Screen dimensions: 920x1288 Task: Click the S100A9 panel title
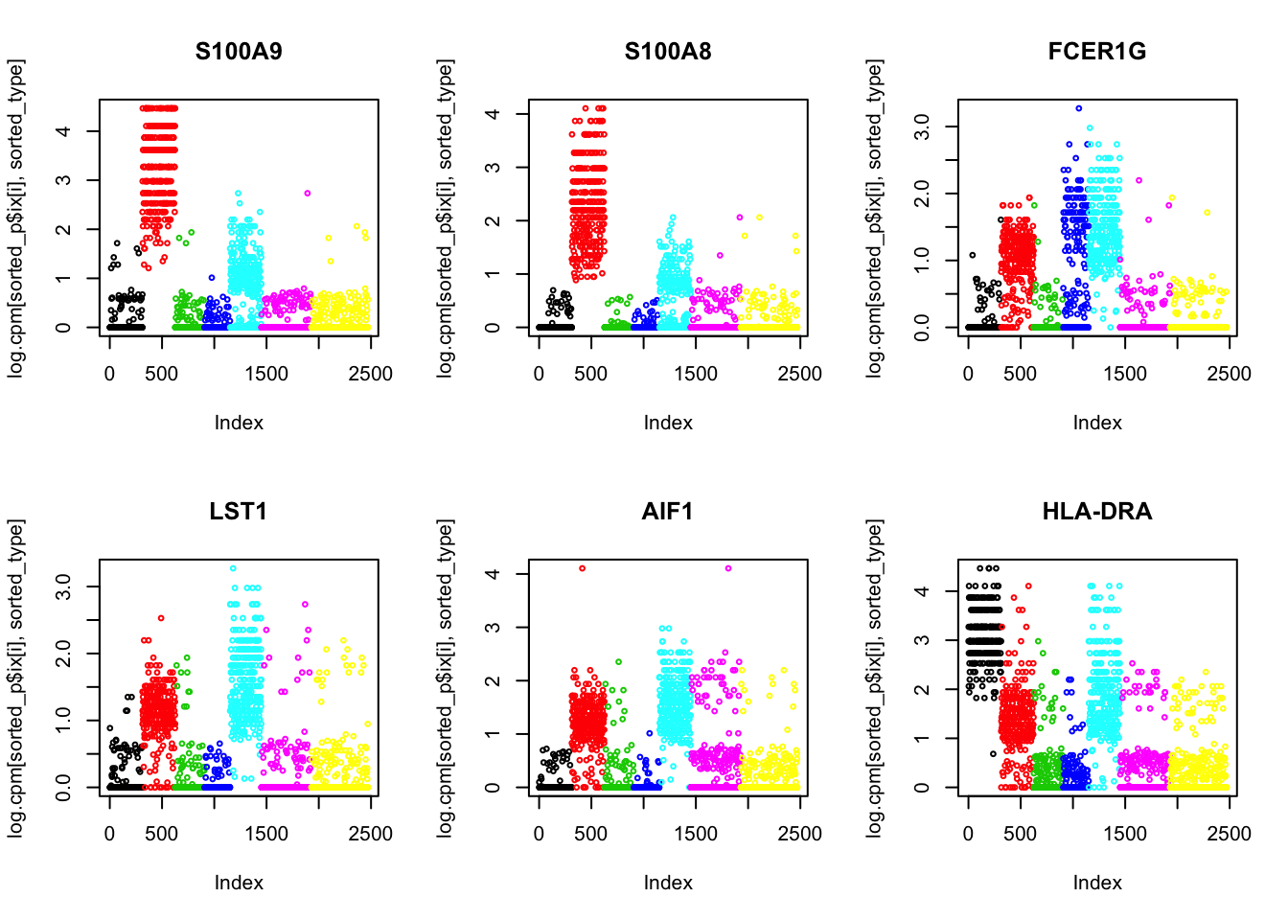(239, 52)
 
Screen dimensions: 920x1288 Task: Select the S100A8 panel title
(668, 52)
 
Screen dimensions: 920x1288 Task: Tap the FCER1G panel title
(1097, 52)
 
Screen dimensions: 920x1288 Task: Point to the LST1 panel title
(239, 512)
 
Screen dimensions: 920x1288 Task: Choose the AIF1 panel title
(668, 512)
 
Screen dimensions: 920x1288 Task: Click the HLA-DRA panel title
(1097, 512)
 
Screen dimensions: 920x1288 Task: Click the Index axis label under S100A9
(239, 423)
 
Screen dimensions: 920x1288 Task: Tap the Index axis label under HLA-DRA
(1097, 883)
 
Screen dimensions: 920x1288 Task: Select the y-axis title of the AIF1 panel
(445, 678)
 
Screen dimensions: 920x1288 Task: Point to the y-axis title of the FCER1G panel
(874, 218)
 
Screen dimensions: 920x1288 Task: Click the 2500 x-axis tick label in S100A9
(370, 374)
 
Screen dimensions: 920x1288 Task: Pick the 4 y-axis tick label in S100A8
(493, 114)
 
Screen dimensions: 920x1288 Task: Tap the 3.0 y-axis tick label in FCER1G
(922, 126)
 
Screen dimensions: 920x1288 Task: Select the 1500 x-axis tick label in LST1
(265, 834)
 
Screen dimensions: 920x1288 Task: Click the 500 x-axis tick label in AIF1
(590, 834)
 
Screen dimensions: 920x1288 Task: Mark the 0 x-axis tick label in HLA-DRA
(968, 834)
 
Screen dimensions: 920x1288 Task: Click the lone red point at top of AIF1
(582, 568)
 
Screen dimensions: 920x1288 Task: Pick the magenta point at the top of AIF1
(728, 568)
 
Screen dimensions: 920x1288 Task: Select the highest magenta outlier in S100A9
(308, 194)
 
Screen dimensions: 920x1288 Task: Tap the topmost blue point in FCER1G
(1078, 108)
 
